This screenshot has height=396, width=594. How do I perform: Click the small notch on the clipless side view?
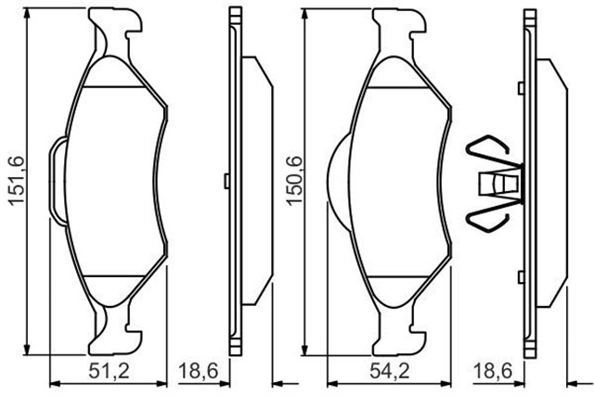[228, 178]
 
